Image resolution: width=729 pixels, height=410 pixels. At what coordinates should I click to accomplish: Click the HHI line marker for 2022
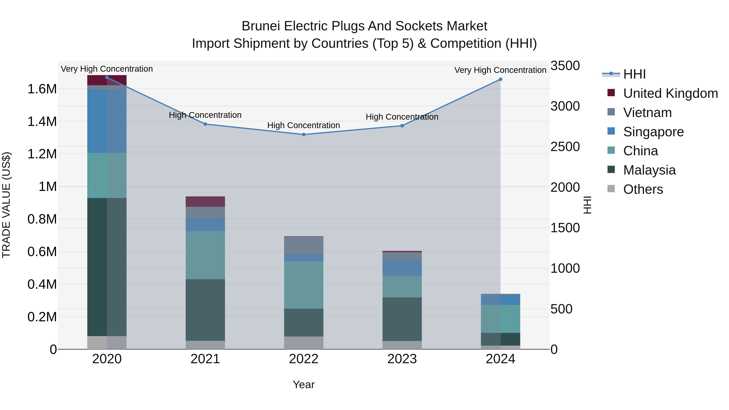pos(304,134)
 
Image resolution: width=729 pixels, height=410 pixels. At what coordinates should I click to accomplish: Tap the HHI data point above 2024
pos(500,79)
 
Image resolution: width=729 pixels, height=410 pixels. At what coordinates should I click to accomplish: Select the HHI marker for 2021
pos(205,124)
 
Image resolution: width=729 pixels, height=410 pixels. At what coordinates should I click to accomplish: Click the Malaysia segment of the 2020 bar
pos(107,267)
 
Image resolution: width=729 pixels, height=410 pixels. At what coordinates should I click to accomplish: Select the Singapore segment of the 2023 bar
pos(402,267)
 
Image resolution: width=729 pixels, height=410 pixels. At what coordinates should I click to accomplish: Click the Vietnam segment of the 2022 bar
pos(304,245)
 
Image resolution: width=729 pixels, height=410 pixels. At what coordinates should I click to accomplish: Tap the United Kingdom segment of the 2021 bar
pos(205,201)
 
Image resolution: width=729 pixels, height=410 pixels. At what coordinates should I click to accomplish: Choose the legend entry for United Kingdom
pos(670,93)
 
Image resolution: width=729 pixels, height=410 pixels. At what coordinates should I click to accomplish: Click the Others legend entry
pos(643,189)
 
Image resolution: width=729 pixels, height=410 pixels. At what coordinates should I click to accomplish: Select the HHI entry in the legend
pos(634,74)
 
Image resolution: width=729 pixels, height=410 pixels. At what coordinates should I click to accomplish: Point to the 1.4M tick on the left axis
pos(42,122)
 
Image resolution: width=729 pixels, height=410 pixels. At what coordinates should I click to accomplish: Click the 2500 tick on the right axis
pos(565,147)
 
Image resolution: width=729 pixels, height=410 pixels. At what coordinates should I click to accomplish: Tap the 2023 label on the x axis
pos(402,359)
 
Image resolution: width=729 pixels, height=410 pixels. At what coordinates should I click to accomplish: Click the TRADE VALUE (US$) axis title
pos(6,205)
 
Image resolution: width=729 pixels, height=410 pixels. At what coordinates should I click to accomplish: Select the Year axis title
pos(304,384)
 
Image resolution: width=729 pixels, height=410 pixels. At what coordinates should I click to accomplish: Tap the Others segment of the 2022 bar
pos(304,343)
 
